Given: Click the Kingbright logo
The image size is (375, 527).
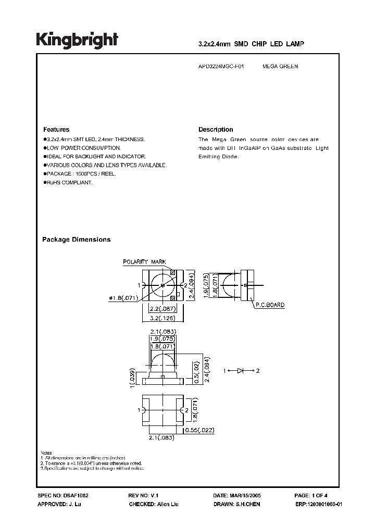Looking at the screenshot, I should [x=77, y=40].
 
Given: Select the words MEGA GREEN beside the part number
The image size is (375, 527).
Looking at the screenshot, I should [x=280, y=67].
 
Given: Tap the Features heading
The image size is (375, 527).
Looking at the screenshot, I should [x=56, y=130].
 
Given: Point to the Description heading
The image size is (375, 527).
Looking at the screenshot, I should [x=216, y=130].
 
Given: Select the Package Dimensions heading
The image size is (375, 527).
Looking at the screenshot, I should [x=76, y=240].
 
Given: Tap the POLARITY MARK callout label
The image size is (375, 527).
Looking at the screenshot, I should [x=144, y=261].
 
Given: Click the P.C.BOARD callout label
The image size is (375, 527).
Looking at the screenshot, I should [x=269, y=305].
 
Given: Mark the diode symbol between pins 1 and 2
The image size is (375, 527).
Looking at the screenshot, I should [x=241, y=371].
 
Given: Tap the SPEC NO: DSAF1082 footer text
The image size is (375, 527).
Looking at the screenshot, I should [x=59, y=496].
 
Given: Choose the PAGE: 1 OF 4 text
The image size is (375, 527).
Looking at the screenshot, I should [x=311, y=496].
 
